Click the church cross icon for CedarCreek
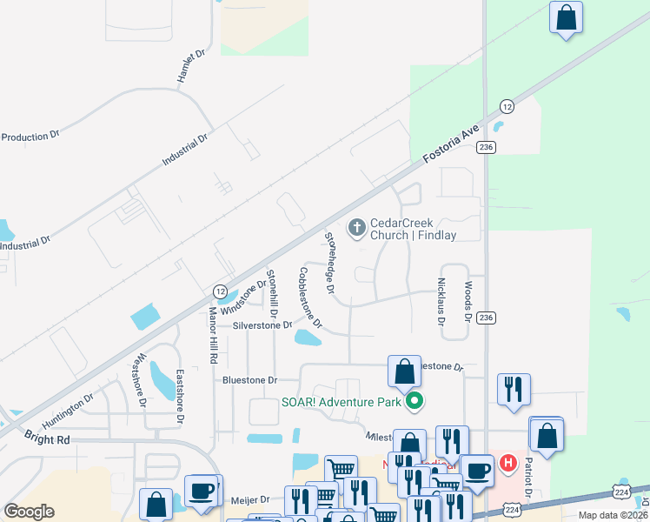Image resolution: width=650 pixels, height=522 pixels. click(356, 229)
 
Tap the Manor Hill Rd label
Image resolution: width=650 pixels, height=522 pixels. click(213, 335)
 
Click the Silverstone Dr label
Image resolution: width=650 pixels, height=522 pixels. click(262, 325)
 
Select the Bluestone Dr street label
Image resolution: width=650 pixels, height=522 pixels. click(249, 380)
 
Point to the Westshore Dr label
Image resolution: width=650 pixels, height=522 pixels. click(140, 379)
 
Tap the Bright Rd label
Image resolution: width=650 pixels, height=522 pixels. click(47, 440)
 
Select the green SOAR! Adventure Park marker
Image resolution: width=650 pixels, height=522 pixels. click(415, 401)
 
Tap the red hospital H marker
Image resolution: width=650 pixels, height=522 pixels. click(507, 464)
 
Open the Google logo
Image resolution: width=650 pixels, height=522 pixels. click(29, 512)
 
